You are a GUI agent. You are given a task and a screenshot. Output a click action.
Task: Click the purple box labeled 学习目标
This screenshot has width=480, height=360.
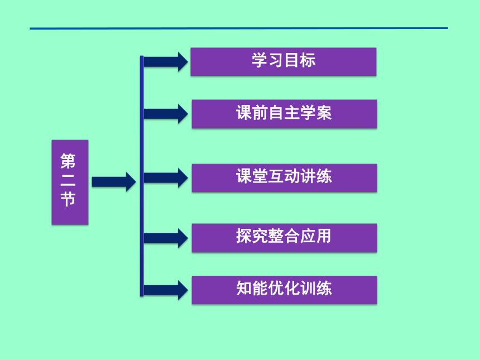coord(283,61)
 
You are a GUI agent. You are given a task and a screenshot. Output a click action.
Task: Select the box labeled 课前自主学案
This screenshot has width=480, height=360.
coord(285,114)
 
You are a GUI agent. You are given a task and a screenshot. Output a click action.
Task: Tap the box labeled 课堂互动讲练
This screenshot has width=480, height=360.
coord(285,178)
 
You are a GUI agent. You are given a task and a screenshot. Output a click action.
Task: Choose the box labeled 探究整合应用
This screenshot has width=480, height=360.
coord(285,238)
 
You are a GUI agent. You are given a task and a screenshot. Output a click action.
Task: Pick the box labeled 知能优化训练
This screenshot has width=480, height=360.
coord(285,290)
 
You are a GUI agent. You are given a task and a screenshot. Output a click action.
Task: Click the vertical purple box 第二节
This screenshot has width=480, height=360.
coord(70,182)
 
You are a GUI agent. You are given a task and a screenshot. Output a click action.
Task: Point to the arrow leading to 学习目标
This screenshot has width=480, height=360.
coord(166,61)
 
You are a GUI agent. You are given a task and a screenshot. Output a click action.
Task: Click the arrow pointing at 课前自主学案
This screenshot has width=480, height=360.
coord(166,114)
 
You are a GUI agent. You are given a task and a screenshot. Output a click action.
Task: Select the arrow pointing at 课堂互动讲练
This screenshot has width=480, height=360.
coord(166,178)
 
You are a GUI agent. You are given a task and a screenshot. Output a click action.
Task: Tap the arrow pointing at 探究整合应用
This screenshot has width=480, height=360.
coord(166,238)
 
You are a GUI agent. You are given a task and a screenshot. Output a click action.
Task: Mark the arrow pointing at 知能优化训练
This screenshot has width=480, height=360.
coord(166,290)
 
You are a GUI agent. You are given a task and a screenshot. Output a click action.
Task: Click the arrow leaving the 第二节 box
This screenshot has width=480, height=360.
coord(114,182)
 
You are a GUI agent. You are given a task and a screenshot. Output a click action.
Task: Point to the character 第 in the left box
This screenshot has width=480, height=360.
coord(68,161)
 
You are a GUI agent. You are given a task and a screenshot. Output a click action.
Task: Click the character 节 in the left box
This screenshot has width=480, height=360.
coord(68,199)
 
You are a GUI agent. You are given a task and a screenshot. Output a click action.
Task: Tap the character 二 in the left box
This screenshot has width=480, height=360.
coord(68,180)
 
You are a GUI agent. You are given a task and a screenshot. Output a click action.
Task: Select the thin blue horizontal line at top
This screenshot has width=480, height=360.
coord(239,28)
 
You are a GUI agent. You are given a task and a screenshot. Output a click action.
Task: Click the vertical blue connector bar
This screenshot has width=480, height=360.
coord(142,176)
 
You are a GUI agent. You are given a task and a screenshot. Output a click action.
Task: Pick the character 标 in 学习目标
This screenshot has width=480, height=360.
coord(308,60)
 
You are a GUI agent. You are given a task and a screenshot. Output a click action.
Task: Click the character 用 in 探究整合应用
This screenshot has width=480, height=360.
coord(324,236)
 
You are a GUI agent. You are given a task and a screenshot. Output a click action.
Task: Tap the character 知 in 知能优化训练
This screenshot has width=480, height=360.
coord(244,288)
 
